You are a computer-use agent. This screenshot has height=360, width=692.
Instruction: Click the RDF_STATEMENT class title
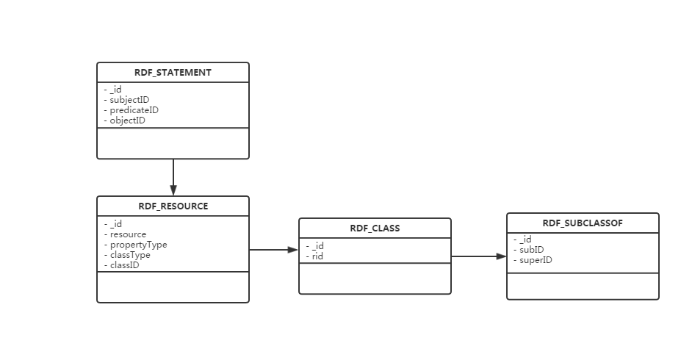pos(173,72)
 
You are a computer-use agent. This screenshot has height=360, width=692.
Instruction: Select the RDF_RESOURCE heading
pos(173,206)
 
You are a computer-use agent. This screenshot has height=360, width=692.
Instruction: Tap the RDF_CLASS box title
pos(375,228)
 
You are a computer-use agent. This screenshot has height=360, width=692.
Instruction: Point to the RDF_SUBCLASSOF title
pos(583,223)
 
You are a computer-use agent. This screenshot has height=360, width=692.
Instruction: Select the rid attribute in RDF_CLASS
pos(314,256)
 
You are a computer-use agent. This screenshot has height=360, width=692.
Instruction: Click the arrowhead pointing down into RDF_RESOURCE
pos(173,190)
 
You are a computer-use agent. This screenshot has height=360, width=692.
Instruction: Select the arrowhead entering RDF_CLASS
pos(293,250)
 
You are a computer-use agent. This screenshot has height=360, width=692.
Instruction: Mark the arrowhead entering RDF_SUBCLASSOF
pos(501,256)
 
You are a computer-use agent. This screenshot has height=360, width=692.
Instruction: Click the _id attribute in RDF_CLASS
pos(315,245)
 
